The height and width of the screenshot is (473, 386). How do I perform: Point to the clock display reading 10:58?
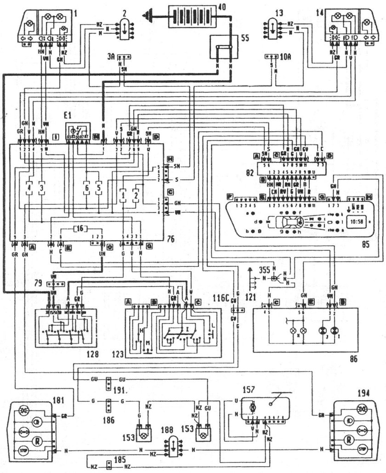pos(356,221)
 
